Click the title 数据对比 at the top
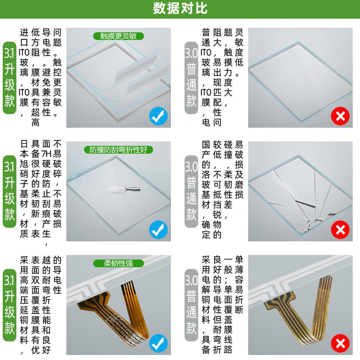point(180,9)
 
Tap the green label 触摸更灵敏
point(118,36)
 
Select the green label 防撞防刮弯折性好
point(118,150)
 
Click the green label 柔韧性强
point(118,263)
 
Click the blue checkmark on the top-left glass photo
point(158,117)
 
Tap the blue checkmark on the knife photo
point(158,230)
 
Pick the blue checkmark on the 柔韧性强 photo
point(158,344)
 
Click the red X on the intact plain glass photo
point(340,117)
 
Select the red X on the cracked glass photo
point(340,230)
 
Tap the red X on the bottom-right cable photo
point(340,344)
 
